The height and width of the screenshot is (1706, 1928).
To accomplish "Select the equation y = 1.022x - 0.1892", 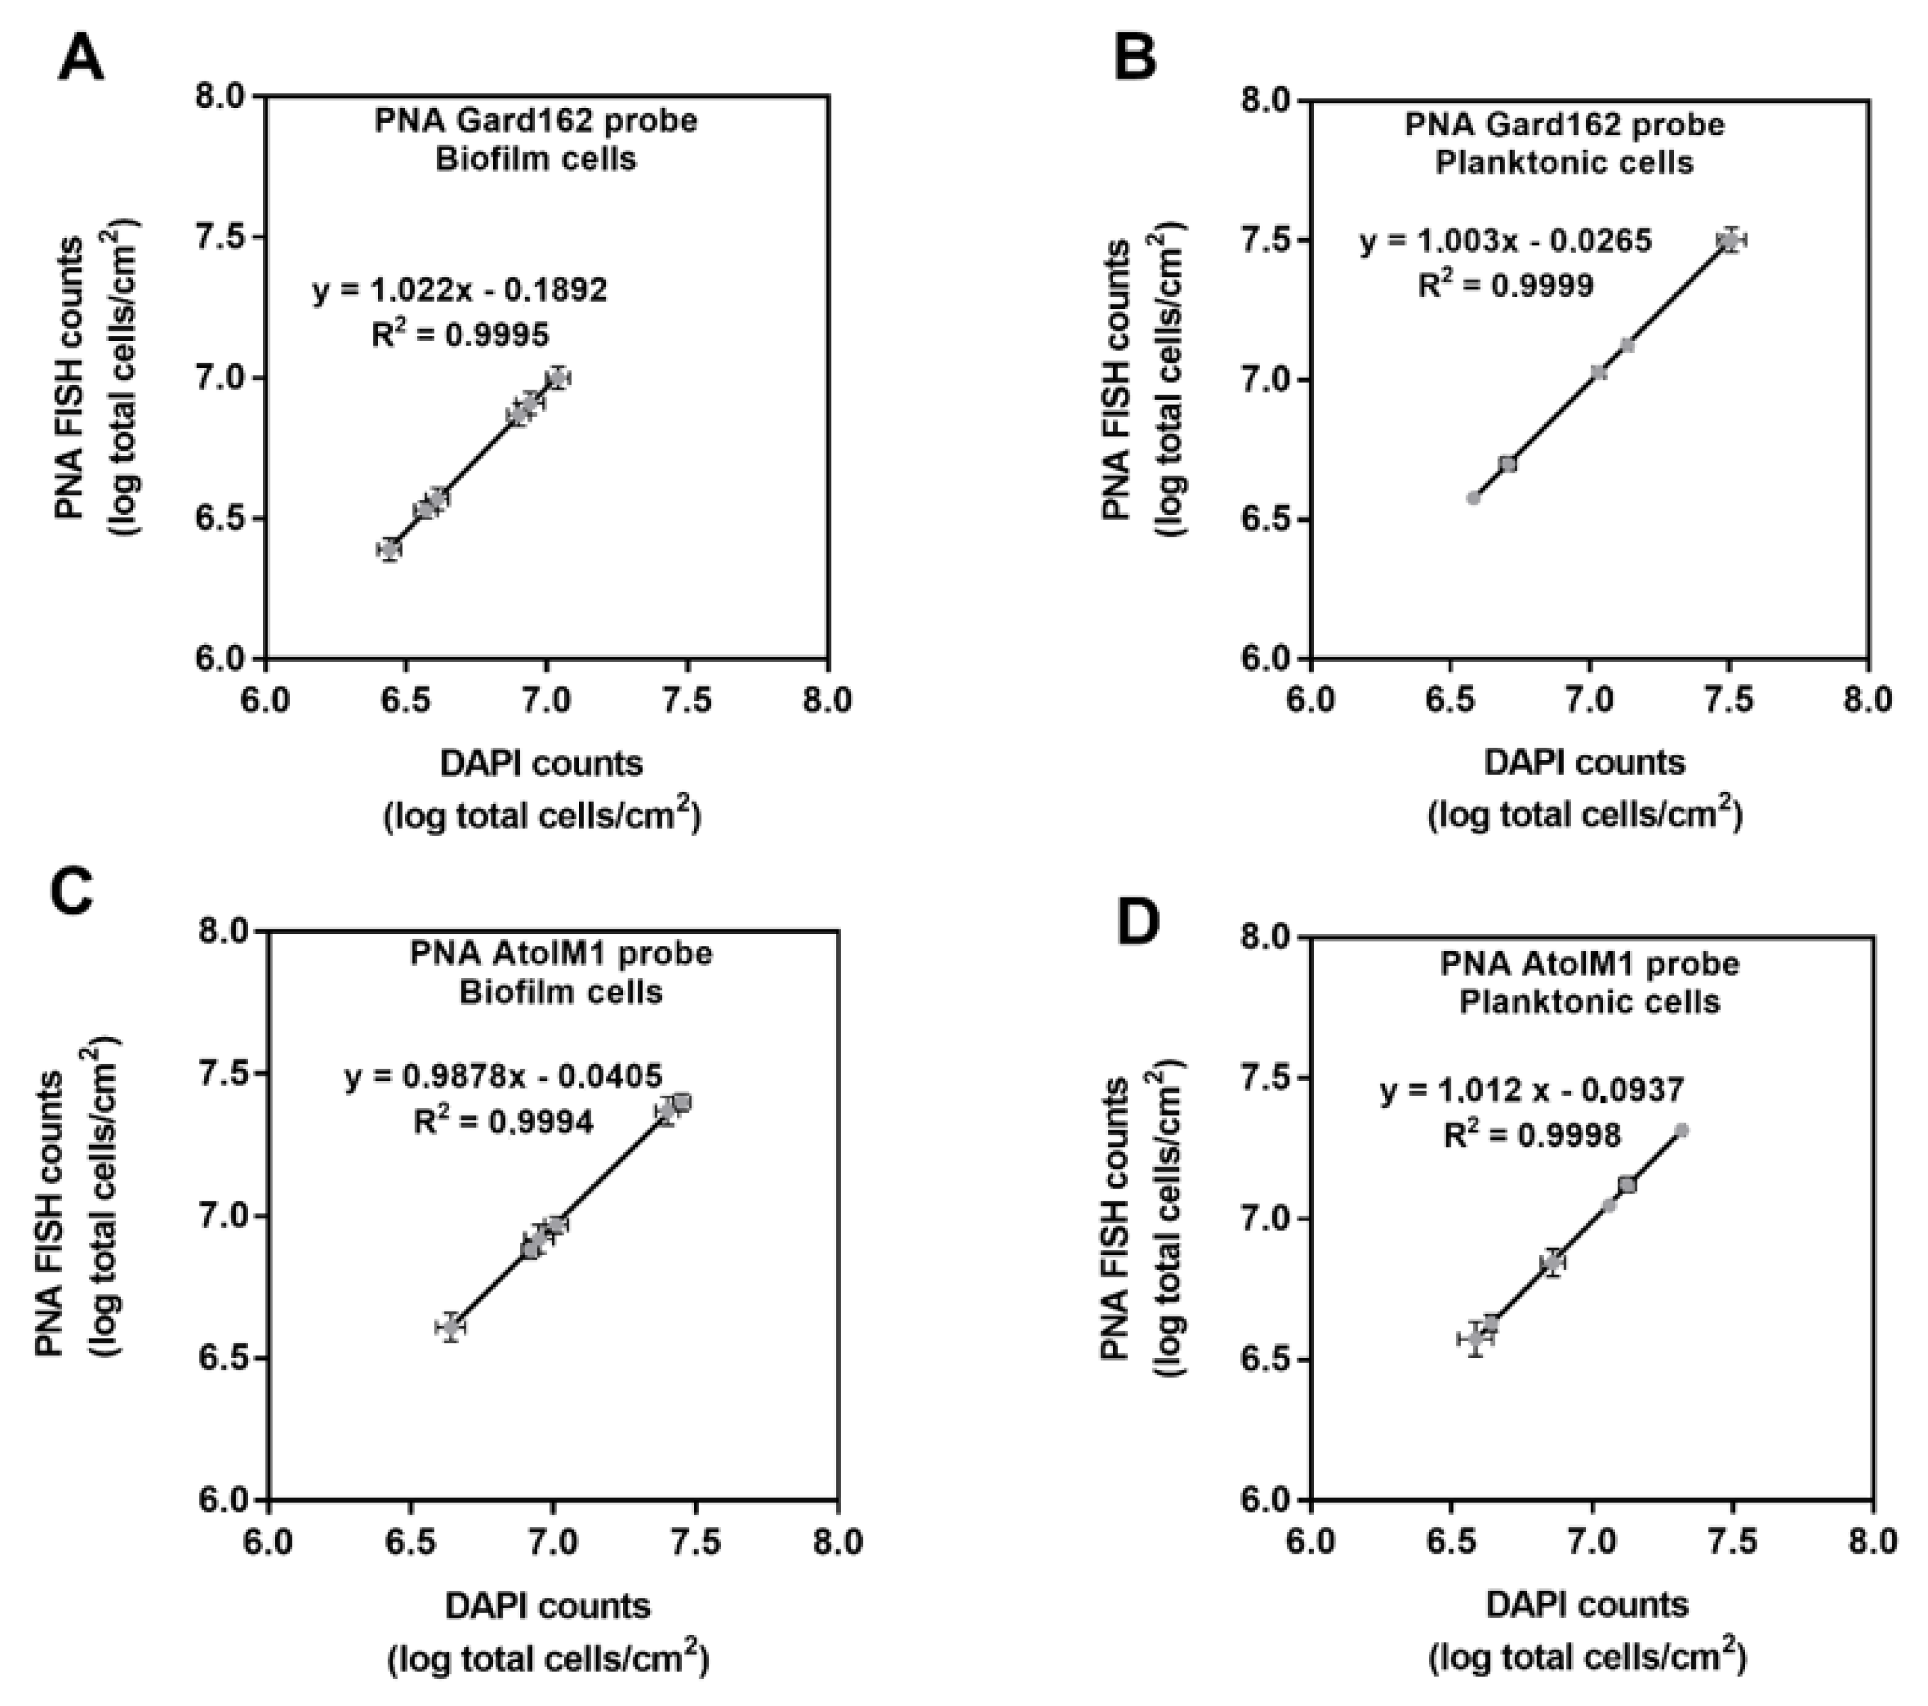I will [x=459, y=290].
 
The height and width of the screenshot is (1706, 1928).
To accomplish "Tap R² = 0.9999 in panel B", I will [x=1505, y=285].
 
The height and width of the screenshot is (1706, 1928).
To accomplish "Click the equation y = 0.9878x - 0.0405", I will [x=503, y=1076].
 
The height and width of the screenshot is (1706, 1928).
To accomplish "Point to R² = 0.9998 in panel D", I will [x=1533, y=1135].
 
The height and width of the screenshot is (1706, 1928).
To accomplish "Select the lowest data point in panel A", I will [x=390, y=549].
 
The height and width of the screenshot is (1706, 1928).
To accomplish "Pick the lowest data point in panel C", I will [x=451, y=1327].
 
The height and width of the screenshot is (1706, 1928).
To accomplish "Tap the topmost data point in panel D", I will [x=1681, y=1130].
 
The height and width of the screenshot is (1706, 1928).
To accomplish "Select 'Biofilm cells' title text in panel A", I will [x=535, y=159].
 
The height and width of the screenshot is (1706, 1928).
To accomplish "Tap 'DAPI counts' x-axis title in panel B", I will [x=1584, y=762].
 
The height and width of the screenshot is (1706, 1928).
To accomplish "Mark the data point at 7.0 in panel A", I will [x=558, y=377].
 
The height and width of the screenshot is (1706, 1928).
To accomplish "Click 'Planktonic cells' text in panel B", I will [x=1564, y=162].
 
